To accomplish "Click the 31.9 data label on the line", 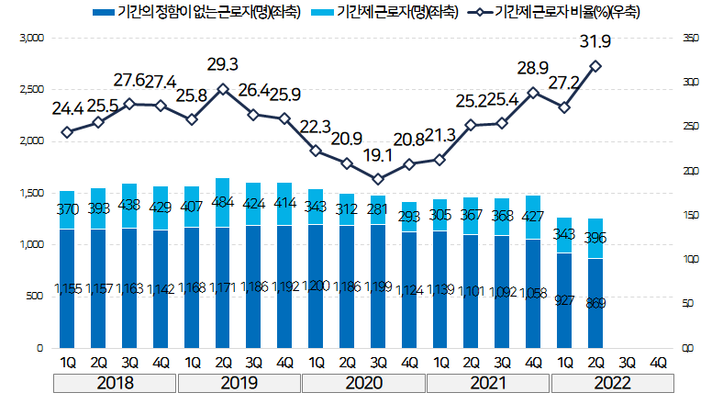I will coord(595,42).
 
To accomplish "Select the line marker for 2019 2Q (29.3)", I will coord(223,89).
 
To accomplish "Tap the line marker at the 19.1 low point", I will coord(378,179).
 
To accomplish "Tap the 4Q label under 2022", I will coord(657,362).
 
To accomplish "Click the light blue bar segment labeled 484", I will coord(223,202).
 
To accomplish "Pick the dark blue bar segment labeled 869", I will coord(595,303).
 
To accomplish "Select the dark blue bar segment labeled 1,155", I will coord(68,288).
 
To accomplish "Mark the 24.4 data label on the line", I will coord(68,108).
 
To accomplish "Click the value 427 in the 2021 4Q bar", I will coord(533,217).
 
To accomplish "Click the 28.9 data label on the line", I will coord(533,69).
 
